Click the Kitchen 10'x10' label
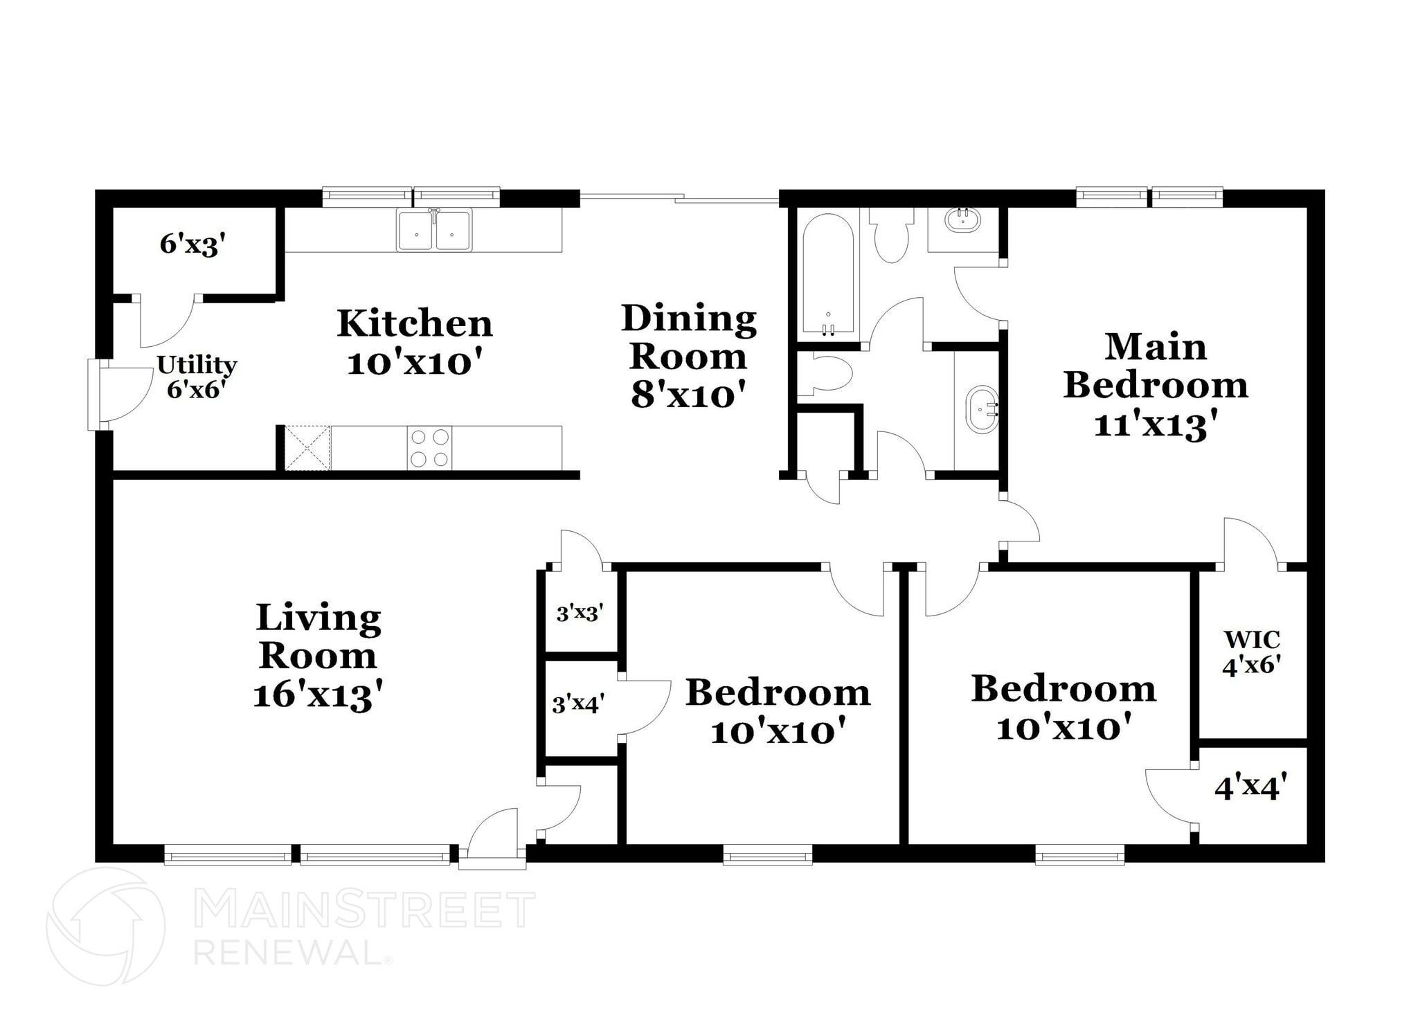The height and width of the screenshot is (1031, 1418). [x=414, y=343]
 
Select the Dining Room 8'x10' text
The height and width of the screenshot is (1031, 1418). [x=688, y=356]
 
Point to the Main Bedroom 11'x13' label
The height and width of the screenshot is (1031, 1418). [x=1155, y=385]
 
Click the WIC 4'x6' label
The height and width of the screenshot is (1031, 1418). [x=1251, y=652]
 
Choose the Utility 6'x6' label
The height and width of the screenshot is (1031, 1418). [x=197, y=377]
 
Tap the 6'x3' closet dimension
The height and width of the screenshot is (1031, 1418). [x=192, y=244]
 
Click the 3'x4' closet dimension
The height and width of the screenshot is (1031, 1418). [x=578, y=704]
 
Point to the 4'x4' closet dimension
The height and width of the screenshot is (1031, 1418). [x=1250, y=787]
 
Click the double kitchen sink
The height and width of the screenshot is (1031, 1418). [x=434, y=230]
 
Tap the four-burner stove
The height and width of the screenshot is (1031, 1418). [x=429, y=448]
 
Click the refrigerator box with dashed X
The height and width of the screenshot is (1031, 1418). [x=307, y=448]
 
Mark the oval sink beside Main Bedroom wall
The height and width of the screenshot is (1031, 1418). [x=980, y=410]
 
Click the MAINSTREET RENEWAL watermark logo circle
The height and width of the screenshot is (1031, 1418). [x=105, y=926]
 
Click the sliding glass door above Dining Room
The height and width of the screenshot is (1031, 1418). [x=679, y=199]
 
